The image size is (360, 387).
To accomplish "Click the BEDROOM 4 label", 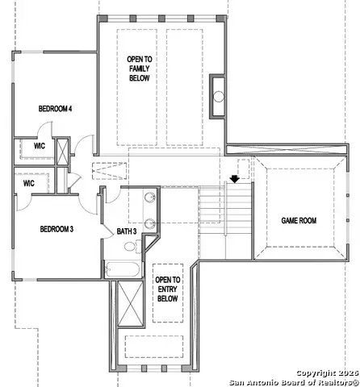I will (56, 108).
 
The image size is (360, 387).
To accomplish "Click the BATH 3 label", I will (127, 231).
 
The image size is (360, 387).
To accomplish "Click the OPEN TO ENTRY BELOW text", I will (168, 289).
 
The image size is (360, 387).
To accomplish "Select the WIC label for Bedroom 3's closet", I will (28, 183).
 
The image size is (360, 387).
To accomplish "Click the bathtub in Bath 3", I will (123, 269).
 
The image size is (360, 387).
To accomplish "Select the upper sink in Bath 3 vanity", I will (150, 198).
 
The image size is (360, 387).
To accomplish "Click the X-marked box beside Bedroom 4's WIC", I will (61, 151).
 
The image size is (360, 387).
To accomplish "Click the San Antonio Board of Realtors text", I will (293, 382).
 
